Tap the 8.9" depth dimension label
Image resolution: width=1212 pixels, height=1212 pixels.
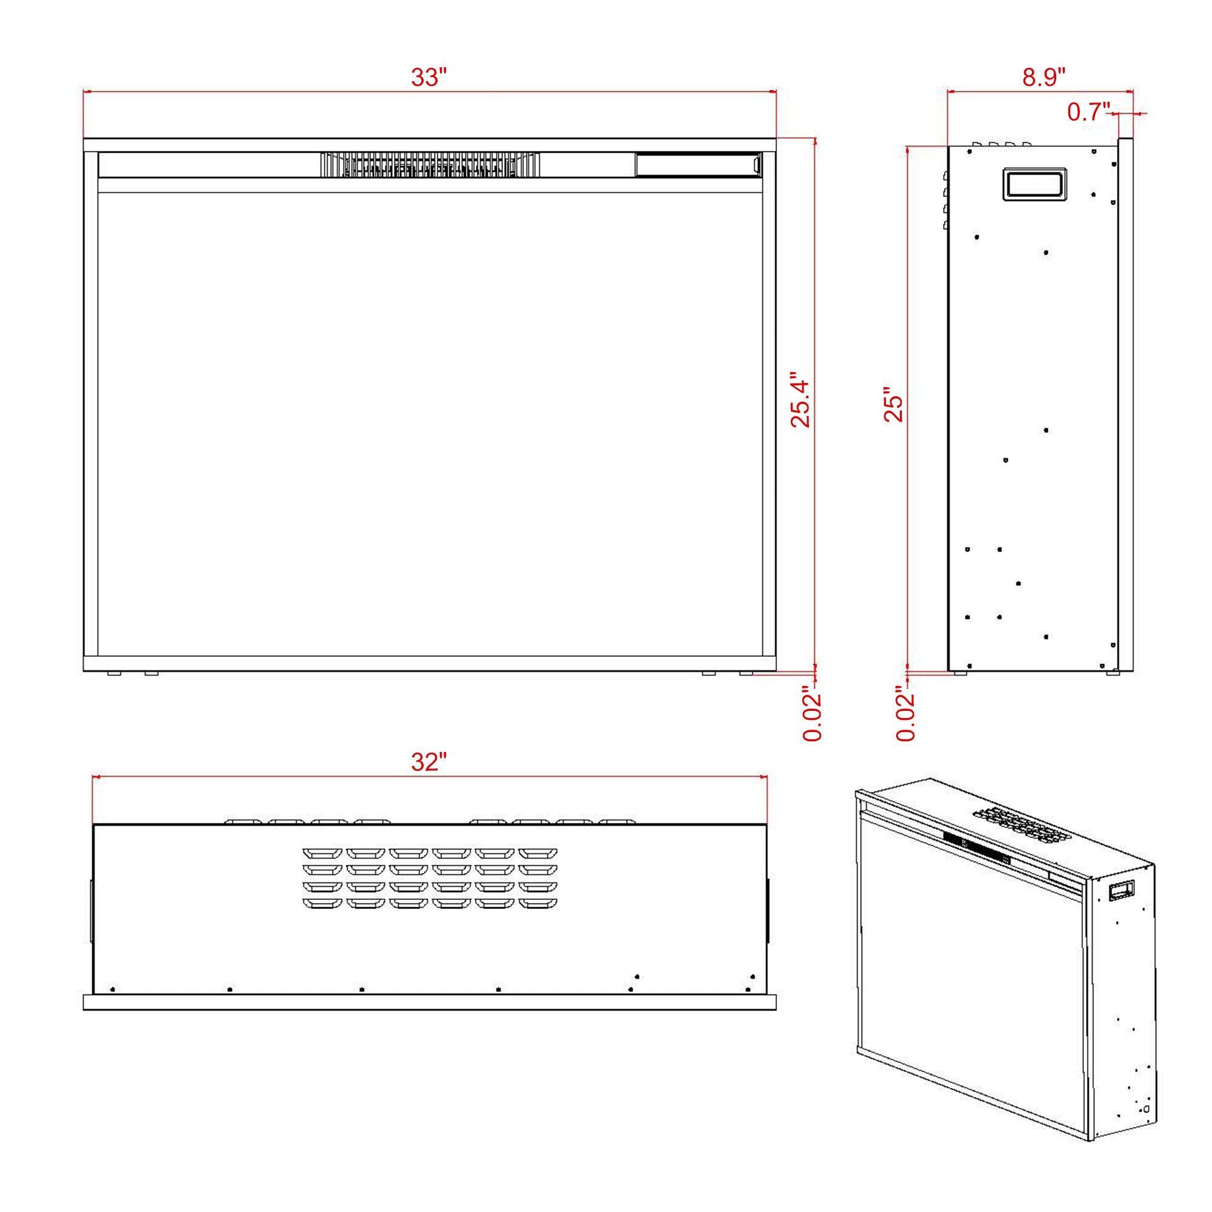pos(1044,77)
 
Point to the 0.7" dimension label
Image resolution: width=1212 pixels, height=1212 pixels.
pos(1089,112)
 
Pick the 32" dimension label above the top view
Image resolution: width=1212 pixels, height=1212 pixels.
pos(429,762)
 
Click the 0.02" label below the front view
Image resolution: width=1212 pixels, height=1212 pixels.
pos(813,717)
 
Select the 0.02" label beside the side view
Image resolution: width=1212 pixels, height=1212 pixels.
pos(906,717)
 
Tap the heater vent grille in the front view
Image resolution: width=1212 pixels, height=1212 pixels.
pos(430,165)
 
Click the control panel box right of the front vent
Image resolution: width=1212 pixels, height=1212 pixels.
pos(698,165)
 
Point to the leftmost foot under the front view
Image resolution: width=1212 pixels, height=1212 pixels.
pos(115,673)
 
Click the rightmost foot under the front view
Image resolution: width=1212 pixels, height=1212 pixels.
pos(747,673)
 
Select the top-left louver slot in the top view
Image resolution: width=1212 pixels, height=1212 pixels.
pos(321,854)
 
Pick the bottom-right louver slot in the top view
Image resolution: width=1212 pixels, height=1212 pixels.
pos(538,904)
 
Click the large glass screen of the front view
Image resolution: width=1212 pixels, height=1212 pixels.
pos(430,424)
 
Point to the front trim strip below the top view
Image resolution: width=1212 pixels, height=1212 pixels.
pos(430,1002)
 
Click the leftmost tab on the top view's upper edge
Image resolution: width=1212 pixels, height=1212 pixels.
pos(243,822)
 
